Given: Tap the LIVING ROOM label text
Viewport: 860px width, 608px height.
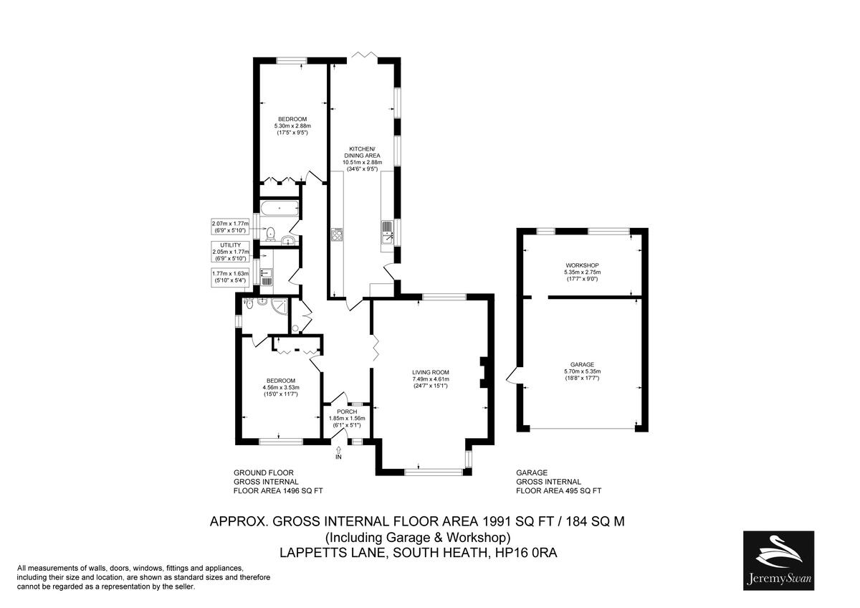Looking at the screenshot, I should [x=430, y=372].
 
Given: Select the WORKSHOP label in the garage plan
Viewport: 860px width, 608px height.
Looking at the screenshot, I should [x=581, y=265].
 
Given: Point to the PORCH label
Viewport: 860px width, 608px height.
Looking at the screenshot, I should [x=347, y=412].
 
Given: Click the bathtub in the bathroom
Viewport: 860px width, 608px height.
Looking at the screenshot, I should [x=279, y=209].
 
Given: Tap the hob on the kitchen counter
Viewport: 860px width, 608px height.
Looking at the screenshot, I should [x=336, y=234].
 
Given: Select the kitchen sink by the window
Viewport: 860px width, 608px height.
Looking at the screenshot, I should [x=387, y=231].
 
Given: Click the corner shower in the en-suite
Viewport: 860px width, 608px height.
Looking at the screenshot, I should [x=283, y=306].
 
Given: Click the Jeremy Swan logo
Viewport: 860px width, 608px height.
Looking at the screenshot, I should [x=778, y=561].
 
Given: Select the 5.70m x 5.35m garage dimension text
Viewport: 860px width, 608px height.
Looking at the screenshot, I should [x=581, y=371].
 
